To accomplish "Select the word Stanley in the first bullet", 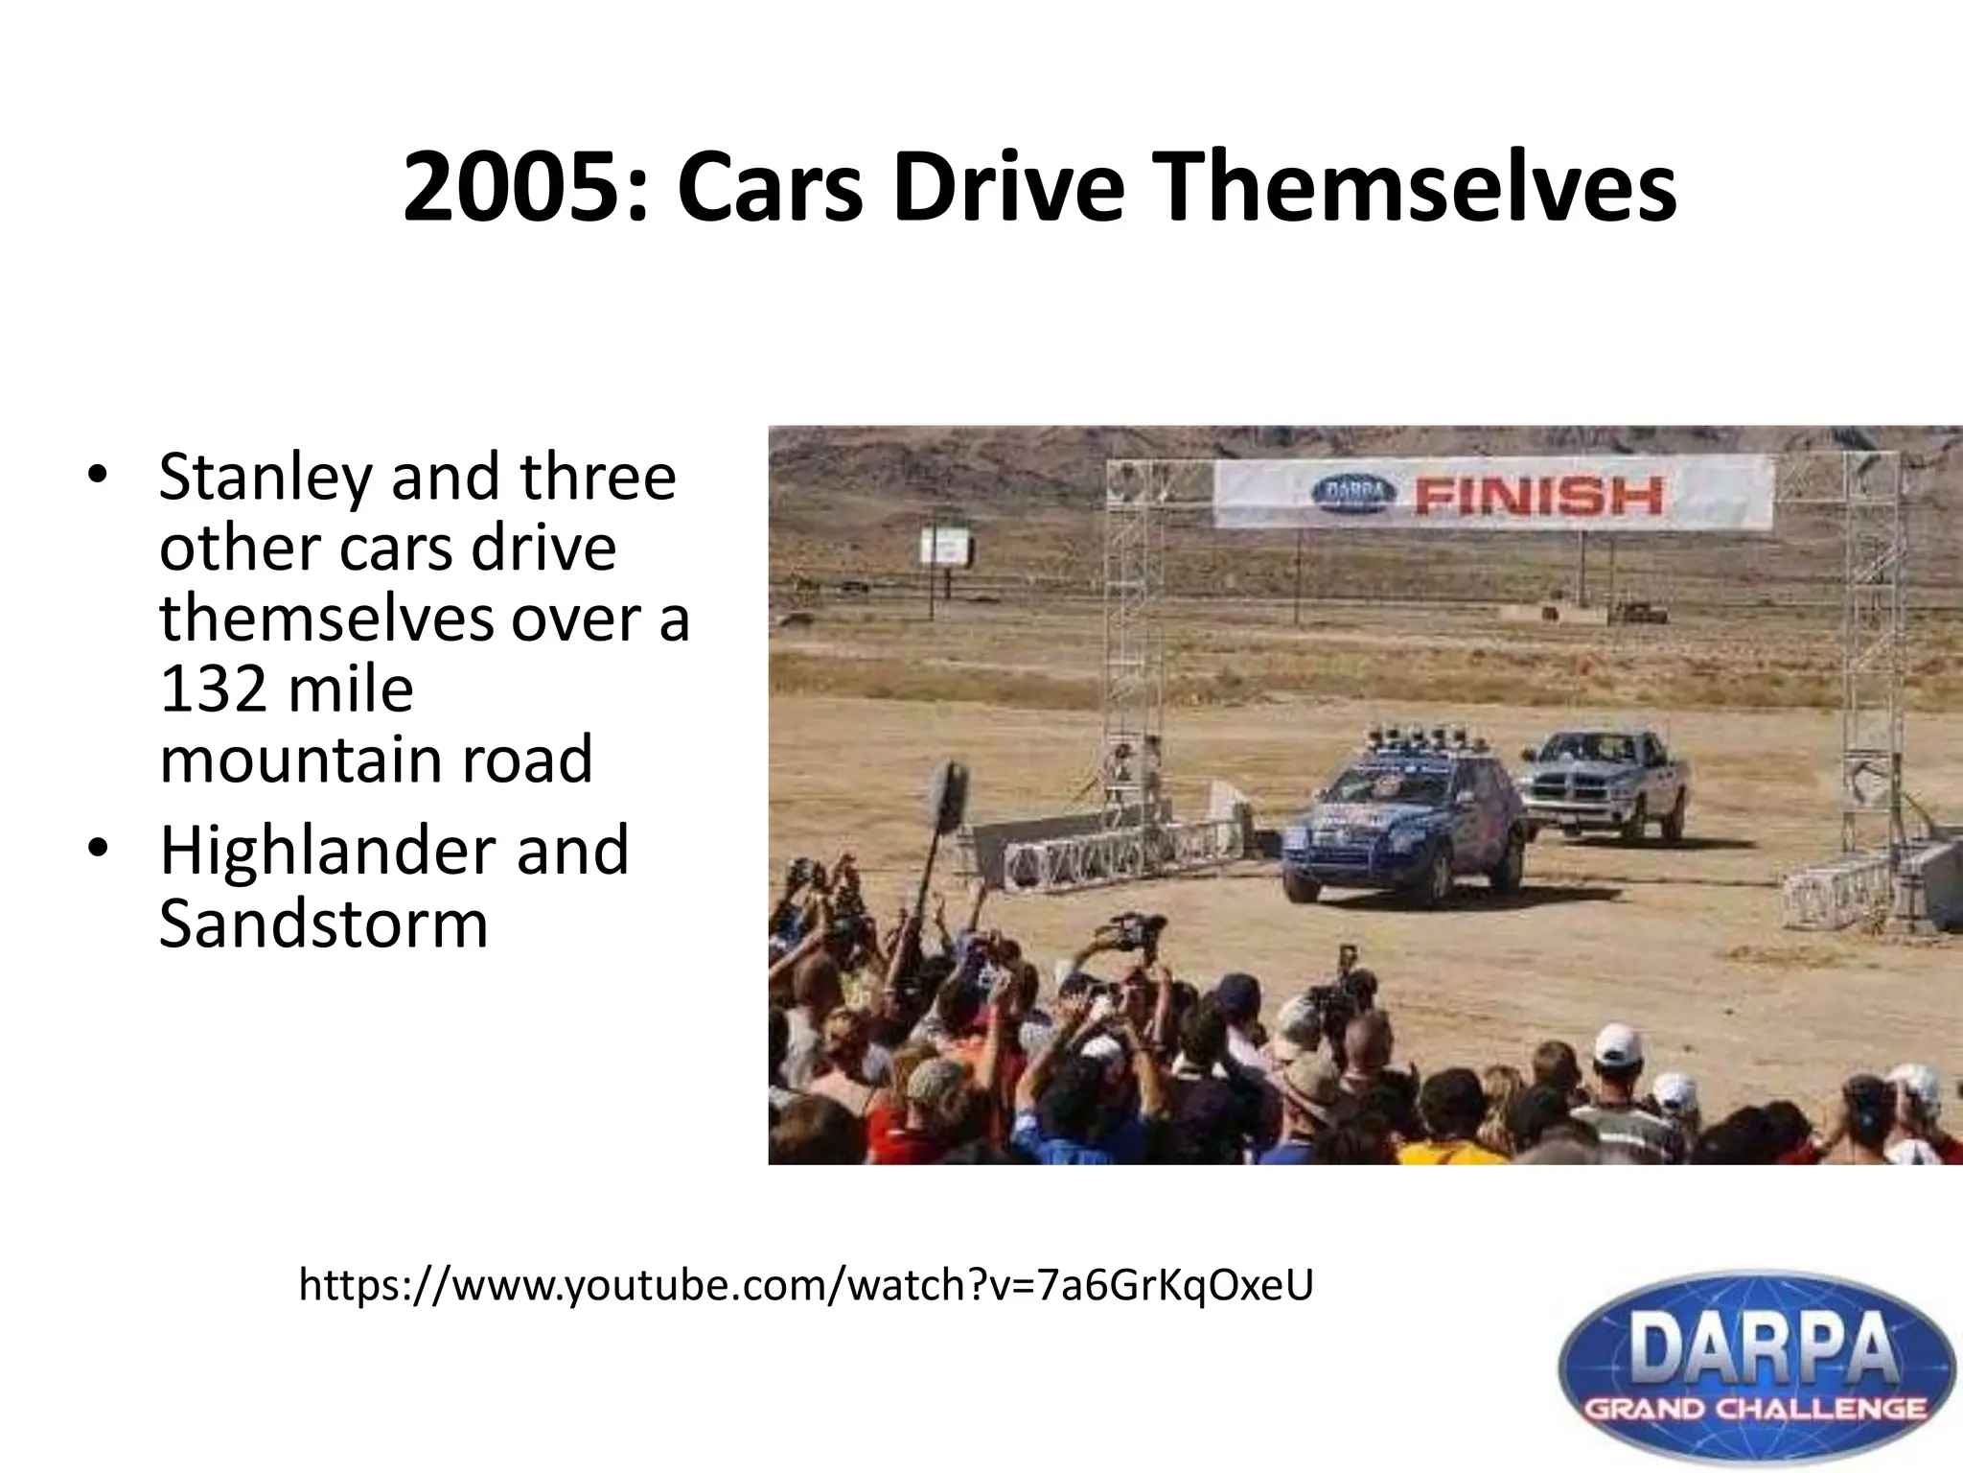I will pyautogui.click(x=266, y=479).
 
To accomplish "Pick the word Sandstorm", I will pyautogui.click(x=323, y=924).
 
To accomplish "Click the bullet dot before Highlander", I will pyautogui.click(x=97, y=851).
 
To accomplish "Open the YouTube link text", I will pyautogui.click(x=805, y=1285).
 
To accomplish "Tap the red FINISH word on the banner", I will pyautogui.click(x=1539, y=496).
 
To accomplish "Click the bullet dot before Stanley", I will pyautogui.click(x=97, y=477).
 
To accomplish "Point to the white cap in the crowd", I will pyautogui.click(x=1618, y=1043).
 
